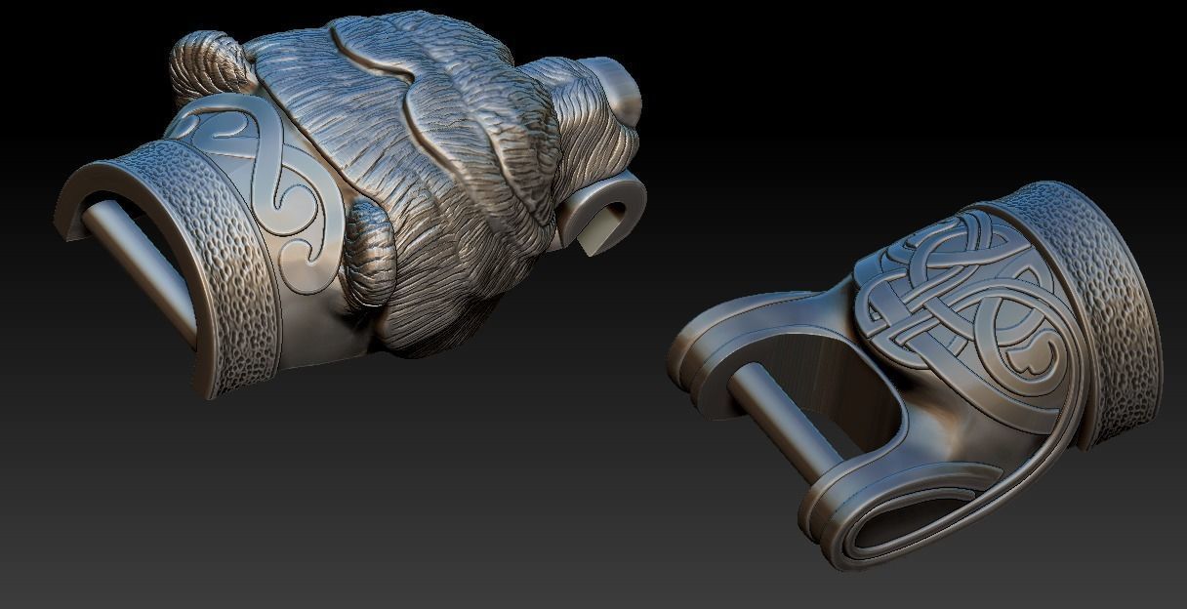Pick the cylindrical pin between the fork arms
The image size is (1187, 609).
tap(781, 410)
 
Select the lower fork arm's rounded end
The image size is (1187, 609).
tap(839, 527)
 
